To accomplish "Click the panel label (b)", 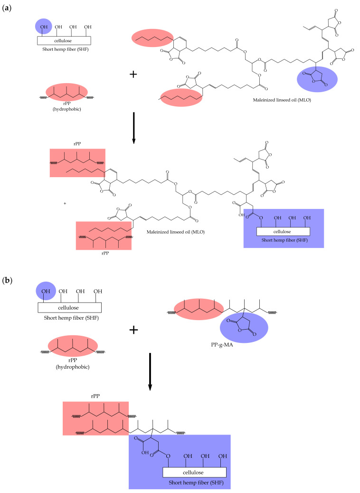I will tap(7, 280).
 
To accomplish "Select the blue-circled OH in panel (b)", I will tap(45, 290).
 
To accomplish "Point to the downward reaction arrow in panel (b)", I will tap(150, 372).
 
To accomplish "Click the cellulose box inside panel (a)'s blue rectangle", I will tap(283, 231).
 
